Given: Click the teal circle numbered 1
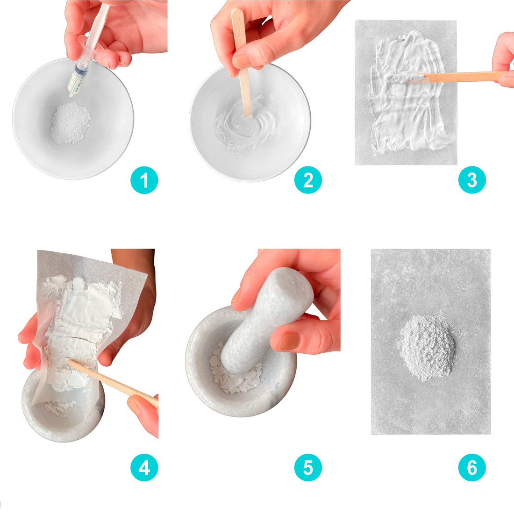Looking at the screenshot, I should (144, 180).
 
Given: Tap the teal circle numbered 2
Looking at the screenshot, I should (308, 180).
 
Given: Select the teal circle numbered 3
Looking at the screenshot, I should (472, 180).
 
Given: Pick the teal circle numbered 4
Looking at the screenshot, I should (144, 467).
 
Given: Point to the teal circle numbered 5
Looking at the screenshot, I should (308, 467).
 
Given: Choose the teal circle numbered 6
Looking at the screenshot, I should (472, 467).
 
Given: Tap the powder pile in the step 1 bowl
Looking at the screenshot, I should (70, 123).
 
